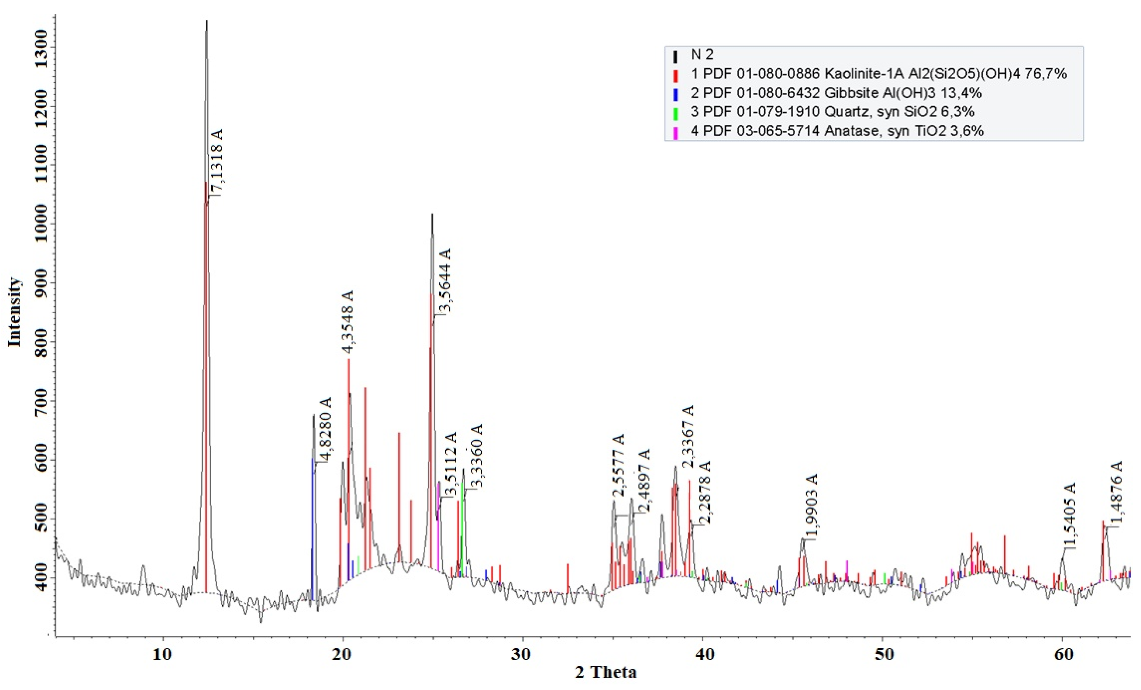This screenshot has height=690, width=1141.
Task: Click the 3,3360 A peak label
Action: [x=477, y=456]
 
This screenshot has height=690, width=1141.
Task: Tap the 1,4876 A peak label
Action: [x=1117, y=493]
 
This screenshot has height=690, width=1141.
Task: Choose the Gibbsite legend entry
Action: [x=836, y=93]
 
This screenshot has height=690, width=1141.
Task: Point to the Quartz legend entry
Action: [x=832, y=112]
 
